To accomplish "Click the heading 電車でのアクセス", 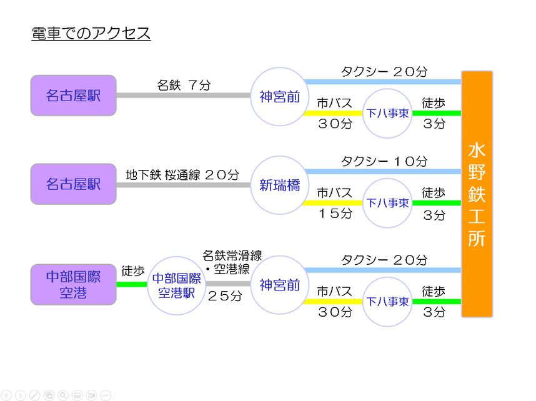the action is [91, 34].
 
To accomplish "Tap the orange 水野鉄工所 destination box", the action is [477, 194].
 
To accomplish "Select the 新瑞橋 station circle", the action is [280, 186].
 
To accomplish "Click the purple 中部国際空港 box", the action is [74, 284].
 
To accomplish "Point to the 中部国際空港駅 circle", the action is [176, 285].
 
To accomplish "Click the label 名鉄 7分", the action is [184, 85].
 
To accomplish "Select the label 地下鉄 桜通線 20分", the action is [182, 175].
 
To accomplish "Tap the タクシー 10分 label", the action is [384, 161].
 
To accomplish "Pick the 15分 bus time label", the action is [335, 214].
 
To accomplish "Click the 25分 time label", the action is [225, 295].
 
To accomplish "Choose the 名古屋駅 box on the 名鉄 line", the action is [74, 96].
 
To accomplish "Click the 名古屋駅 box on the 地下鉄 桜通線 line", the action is [74, 184].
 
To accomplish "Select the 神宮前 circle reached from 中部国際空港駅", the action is [280, 285].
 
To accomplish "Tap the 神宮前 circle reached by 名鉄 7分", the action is [280, 97].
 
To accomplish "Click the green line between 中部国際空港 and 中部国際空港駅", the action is [132, 284].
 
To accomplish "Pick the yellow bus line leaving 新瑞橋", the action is [332, 203].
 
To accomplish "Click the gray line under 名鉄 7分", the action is [184, 96].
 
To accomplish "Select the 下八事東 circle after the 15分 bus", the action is [387, 203].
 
